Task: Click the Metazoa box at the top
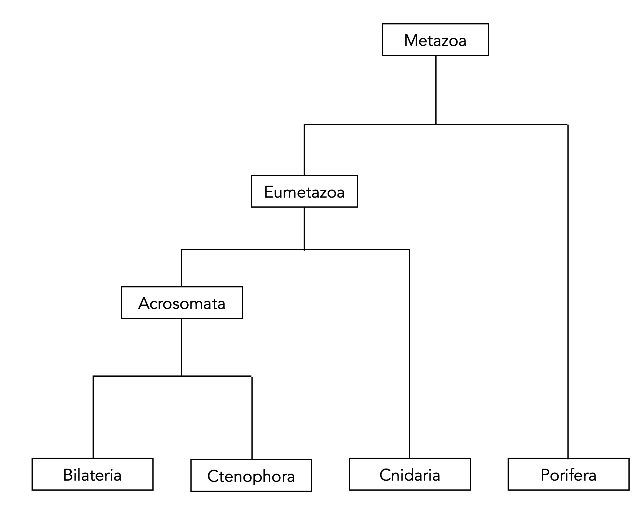click(435, 40)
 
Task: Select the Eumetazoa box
click(304, 191)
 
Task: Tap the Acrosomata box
click(182, 303)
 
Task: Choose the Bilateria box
click(92, 474)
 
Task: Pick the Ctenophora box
click(251, 476)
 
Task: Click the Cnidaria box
click(410, 474)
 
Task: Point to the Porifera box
click(568, 474)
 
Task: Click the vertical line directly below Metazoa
click(436, 89)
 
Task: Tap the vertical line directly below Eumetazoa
click(304, 228)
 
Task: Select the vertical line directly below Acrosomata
click(182, 347)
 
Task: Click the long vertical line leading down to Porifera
click(568, 292)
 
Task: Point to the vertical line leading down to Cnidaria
click(409, 354)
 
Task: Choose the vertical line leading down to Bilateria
click(93, 417)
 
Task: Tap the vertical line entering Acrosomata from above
click(182, 268)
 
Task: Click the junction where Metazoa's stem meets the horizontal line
click(436, 124)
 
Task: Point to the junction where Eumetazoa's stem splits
click(304, 249)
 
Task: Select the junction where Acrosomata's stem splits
click(182, 376)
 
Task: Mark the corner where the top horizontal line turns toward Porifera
click(568, 125)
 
